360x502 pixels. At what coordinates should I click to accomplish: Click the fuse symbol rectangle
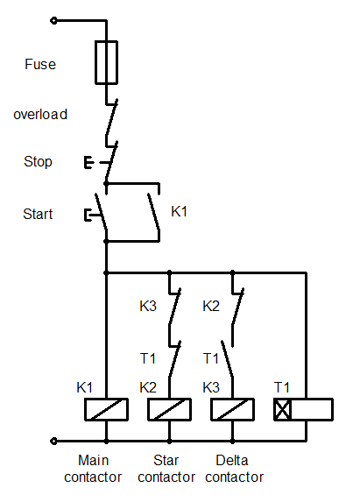pyautogui.click(x=106, y=61)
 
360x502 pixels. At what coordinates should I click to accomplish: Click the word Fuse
pyautogui.click(x=39, y=65)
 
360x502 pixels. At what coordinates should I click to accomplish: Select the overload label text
pyautogui.click(x=40, y=114)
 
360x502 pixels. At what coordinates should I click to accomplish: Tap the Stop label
pyautogui.click(x=38, y=162)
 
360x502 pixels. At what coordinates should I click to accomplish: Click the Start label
pyautogui.click(x=38, y=214)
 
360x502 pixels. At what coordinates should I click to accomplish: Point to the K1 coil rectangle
pyautogui.click(x=106, y=409)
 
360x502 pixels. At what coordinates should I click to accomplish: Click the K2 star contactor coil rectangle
pyautogui.click(x=169, y=409)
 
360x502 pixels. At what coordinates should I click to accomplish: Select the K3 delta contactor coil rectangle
pyautogui.click(x=232, y=409)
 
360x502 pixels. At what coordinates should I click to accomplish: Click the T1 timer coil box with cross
pyautogui.click(x=282, y=409)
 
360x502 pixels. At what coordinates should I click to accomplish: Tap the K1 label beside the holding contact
pyautogui.click(x=180, y=211)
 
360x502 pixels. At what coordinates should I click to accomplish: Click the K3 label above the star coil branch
pyautogui.click(x=149, y=307)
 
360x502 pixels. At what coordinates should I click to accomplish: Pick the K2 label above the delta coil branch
pyautogui.click(x=211, y=307)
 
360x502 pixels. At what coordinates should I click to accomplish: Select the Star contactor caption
pyautogui.click(x=166, y=468)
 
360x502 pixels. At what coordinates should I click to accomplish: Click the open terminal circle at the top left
pyautogui.click(x=55, y=19)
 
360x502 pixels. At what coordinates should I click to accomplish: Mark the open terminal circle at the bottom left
pyautogui.click(x=55, y=442)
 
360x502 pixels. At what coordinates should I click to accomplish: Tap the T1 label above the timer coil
pyautogui.click(x=282, y=386)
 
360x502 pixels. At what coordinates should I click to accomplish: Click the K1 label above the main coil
pyautogui.click(x=86, y=386)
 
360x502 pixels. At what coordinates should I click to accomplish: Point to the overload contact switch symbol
pyautogui.click(x=109, y=123)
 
